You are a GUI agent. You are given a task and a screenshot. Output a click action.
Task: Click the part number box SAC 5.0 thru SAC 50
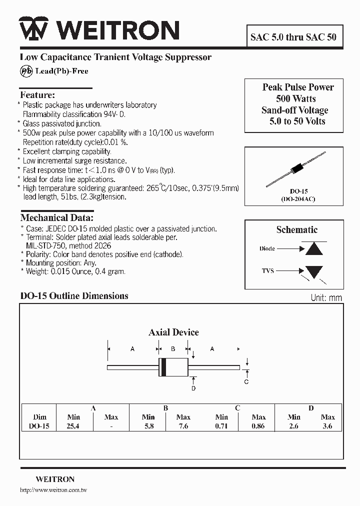pos(293,37)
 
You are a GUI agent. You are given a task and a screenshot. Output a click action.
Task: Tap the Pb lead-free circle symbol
pos(26,71)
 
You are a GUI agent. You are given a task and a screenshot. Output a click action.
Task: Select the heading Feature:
pos(37,95)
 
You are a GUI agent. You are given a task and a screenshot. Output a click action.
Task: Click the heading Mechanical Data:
pos(56,218)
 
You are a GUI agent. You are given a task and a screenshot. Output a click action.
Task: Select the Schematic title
pos(296,230)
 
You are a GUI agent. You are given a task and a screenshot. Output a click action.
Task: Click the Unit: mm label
pos(326,298)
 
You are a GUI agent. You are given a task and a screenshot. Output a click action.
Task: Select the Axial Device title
pos(173,332)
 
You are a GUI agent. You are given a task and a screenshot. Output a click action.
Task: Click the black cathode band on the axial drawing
pos(162,367)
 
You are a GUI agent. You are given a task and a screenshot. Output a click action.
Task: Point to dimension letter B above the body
pos(173,349)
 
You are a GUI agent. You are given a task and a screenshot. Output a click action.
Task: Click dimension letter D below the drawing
pos(193,388)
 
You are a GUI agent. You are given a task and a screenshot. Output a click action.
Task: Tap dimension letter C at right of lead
pos(246,382)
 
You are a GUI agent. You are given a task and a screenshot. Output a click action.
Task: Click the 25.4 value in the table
pos(73,426)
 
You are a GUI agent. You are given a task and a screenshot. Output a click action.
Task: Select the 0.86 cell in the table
pos(258,426)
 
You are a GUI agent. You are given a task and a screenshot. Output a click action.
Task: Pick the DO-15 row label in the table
pos(39,426)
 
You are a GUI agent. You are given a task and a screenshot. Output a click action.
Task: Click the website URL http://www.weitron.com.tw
pos(53,490)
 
